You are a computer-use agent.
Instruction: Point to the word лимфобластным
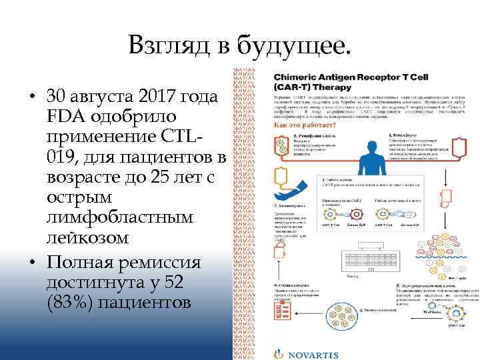(119, 218)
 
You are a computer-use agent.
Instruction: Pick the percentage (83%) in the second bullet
(71, 302)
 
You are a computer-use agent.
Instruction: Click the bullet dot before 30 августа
(33, 97)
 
